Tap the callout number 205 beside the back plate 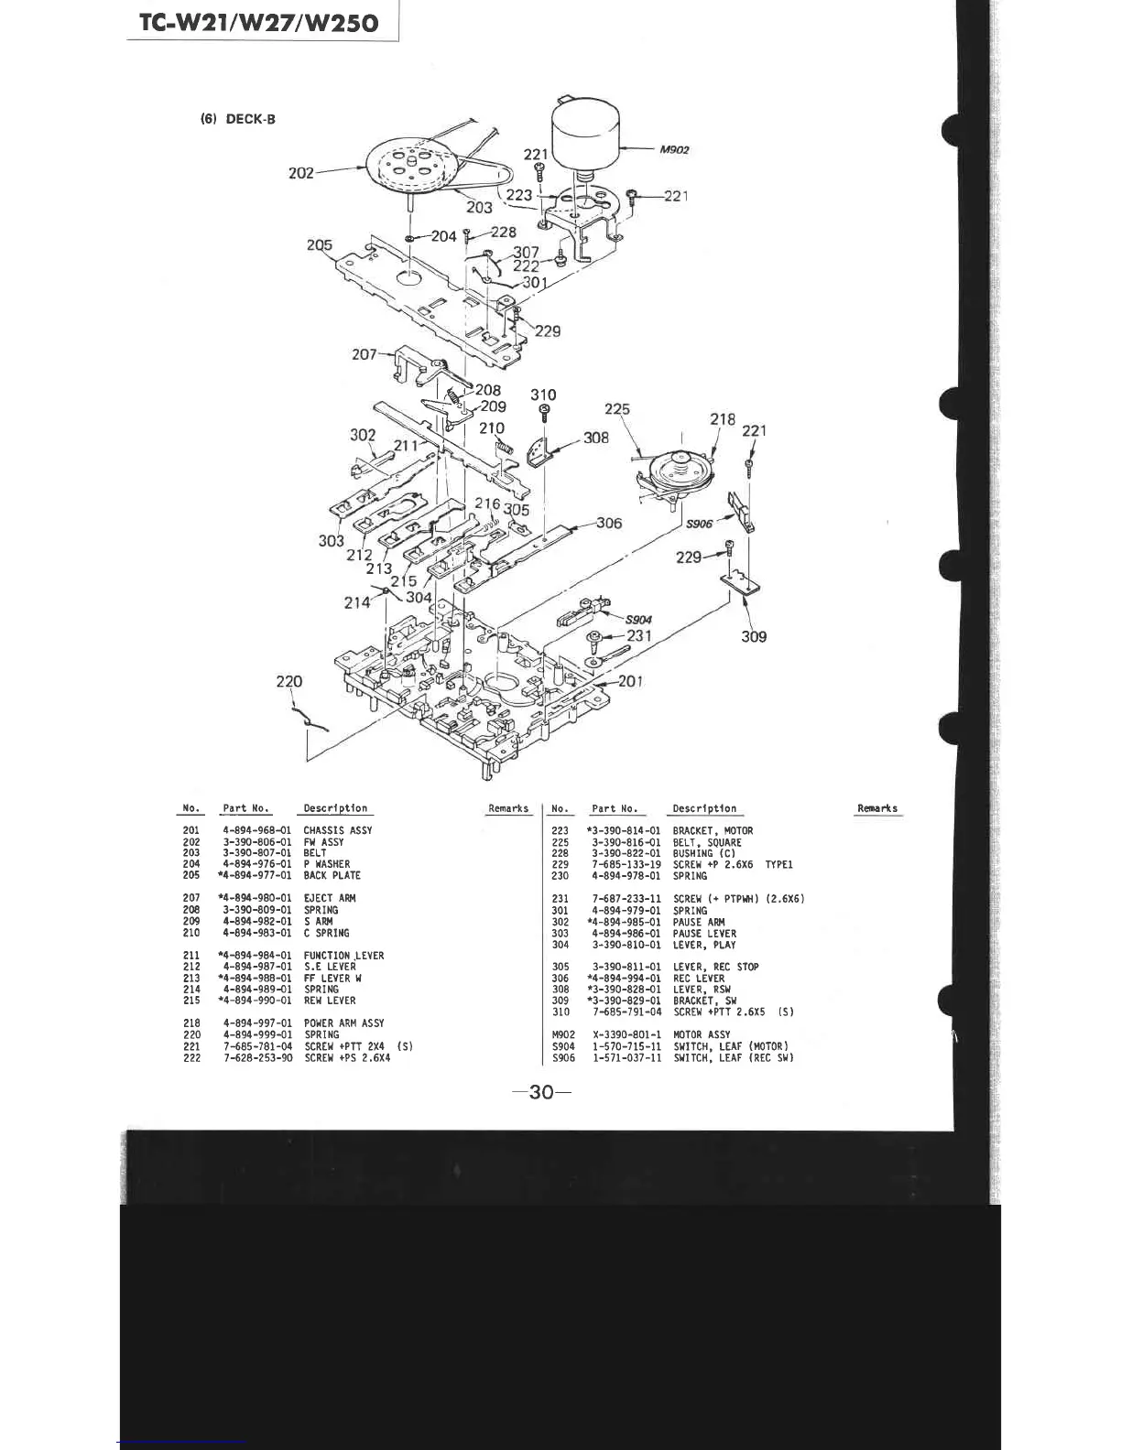pos(320,245)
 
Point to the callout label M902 pos(674,149)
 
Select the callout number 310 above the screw pos(543,395)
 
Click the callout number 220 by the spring pos(288,681)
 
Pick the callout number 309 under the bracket pos(754,636)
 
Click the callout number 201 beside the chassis pos(630,680)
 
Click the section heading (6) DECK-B pos(238,119)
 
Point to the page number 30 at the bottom pos(542,1091)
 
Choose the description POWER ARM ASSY pos(343,1023)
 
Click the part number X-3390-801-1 pos(626,1035)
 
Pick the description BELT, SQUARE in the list pos(707,842)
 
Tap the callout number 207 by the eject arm pos(364,353)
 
